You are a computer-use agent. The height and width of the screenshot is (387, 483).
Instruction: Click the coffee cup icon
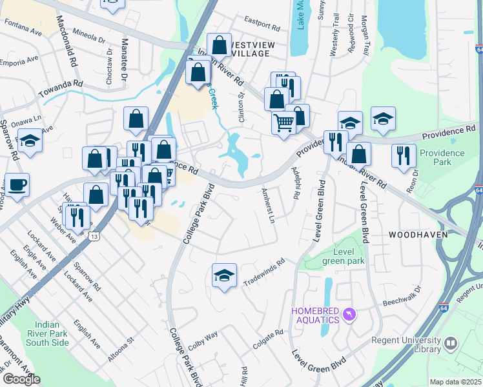pyautogui.click(x=17, y=185)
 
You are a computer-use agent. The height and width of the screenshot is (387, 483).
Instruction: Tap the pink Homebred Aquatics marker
pyautogui.click(x=349, y=314)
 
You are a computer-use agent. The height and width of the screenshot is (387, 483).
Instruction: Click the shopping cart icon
pyautogui.click(x=284, y=122)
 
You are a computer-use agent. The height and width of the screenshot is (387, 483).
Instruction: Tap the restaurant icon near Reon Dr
pyautogui.click(x=404, y=156)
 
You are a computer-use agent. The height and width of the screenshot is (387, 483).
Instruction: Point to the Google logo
pyautogui.click(x=21, y=379)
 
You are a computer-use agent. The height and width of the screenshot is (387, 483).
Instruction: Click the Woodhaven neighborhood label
pyautogui.click(x=418, y=235)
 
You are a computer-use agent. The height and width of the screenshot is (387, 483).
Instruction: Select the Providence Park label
pyautogui.click(x=442, y=157)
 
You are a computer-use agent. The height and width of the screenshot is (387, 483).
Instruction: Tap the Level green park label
pyautogui.click(x=349, y=256)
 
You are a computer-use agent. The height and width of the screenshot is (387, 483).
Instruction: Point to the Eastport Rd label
pyautogui.click(x=262, y=28)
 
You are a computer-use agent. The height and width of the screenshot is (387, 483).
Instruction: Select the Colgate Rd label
pyautogui.click(x=268, y=340)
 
